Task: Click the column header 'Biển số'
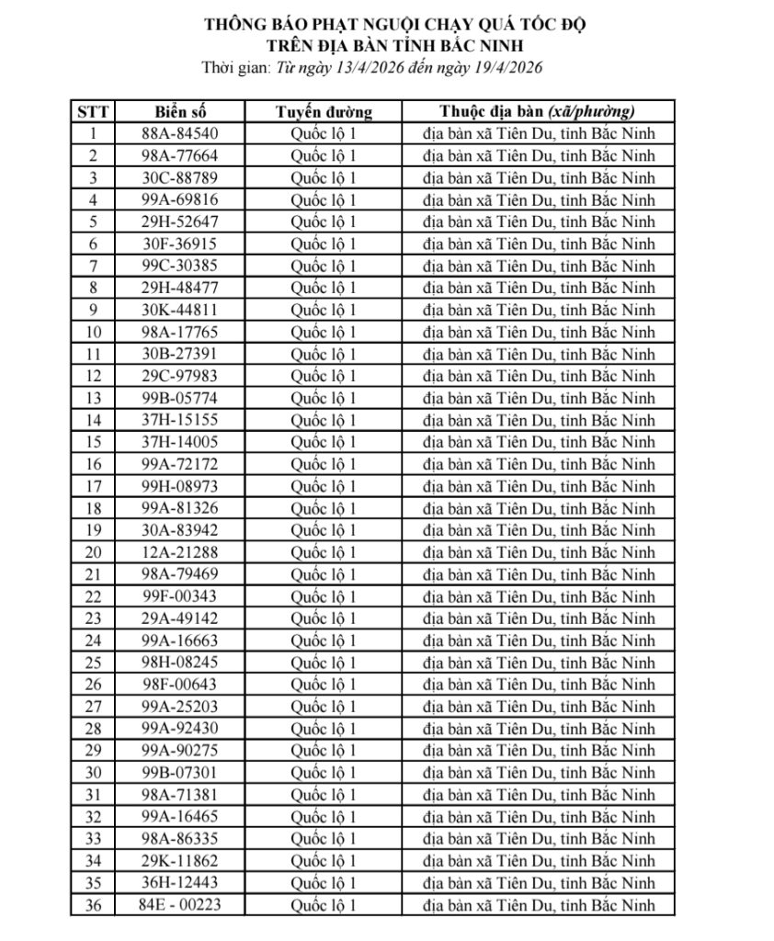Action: [180, 112]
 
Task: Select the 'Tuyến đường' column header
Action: [324, 112]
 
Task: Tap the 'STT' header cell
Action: [93, 112]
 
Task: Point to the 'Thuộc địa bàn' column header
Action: [538, 112]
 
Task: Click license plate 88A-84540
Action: [180, 133]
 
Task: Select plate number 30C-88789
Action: [180, 177]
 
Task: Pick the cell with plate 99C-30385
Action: [180, 266]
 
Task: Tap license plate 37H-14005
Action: [180, 442]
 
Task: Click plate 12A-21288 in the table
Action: [180, 552]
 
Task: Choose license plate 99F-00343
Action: [180, 596]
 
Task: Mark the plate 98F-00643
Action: [180, 685]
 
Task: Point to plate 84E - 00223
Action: [180, 905]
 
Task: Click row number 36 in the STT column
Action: [93, 905]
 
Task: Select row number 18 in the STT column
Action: [93, 508]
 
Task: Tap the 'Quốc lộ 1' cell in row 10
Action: [324, 332]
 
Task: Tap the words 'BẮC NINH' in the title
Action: [477, 44]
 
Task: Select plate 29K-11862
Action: [180, 861]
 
